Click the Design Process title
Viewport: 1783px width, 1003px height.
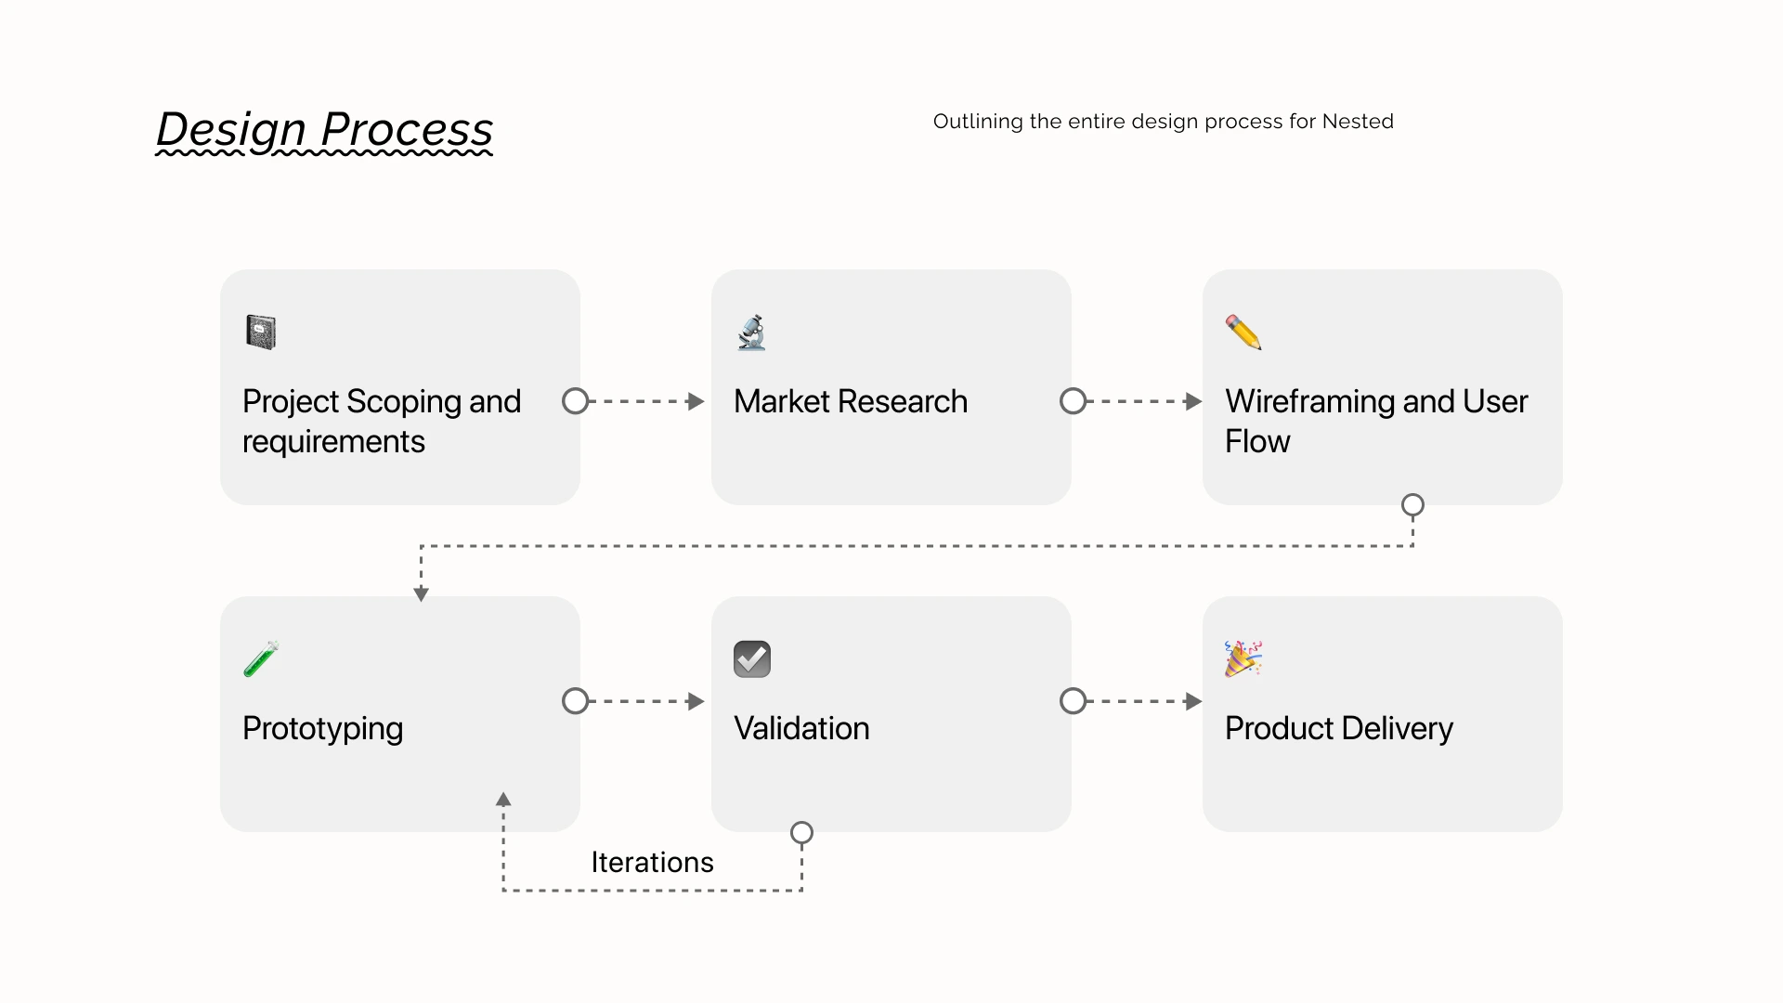tap(324, 129)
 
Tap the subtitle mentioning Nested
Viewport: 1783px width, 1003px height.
tap(1163, 122)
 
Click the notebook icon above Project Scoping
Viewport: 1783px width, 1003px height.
tap(261, 332)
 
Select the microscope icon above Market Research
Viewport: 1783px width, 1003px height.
tap(751, 332)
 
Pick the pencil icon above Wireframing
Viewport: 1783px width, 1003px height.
tap(1243, 332)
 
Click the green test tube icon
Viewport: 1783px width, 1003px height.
tap(261, 659)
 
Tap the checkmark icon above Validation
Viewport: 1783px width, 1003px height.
tap(752, 659)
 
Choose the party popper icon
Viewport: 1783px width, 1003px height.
tap(1243, 658)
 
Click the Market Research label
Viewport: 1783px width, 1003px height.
tap(851, 401)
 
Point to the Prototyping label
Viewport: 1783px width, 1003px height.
tap(322, 729)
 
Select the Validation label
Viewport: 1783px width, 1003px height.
tap(801, 728)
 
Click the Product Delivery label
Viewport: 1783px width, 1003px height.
tap(1339, 729)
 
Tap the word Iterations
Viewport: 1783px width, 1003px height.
tap(652, 862)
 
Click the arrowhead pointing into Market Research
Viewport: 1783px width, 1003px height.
tap(696, 401)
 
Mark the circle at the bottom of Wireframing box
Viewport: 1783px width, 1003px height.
tap(1412, 505)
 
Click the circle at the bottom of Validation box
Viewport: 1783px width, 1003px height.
tap(801, 833)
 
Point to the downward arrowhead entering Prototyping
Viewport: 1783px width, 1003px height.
tap(421, 594)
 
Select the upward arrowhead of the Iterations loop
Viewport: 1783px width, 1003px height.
tap(503, 799)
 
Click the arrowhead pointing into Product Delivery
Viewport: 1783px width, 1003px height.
tap(1193, 701)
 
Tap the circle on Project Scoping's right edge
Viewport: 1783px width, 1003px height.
tap(576, 401)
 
